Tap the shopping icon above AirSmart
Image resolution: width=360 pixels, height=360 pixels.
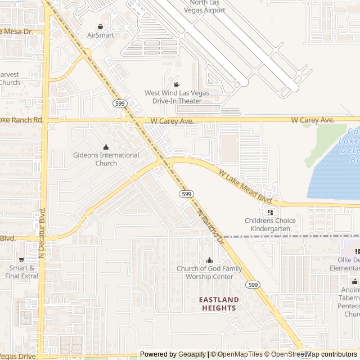pyautogui.click(x=100, y=26)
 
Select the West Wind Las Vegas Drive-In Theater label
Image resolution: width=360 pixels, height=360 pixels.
pyautogui.click(x=177, y=97)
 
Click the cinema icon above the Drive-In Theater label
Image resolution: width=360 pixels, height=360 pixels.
pyautogui.click(x=177, y=84)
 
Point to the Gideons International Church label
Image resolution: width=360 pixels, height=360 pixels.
pyautogui.click(x=106, y=159)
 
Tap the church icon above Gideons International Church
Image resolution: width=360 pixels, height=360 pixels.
pyautogui.click(x=106, y=147)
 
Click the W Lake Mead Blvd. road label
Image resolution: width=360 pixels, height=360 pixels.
pyautogui.click(x=245, y=187)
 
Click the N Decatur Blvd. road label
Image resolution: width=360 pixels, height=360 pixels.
pyautogui.click(x=42, y=233)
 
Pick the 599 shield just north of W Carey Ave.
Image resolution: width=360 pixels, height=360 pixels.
pyautogui.click(x=119, y=103)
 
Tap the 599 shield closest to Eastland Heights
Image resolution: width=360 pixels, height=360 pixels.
pyautogui.click(x=253, y=285)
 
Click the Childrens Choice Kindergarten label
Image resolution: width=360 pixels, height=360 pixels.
pyautogui.click(x=270, y=224)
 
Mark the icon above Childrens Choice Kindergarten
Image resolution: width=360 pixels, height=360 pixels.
pyautogui.click(x=270, y=212)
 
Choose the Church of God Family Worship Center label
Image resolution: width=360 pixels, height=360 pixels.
pyautogui.click(x=209, y=272)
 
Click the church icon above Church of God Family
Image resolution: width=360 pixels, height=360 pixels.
pyautogui.click(x=209, y=260)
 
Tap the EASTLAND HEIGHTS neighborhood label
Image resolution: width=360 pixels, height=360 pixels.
pyautogui.click(x=218, y=304)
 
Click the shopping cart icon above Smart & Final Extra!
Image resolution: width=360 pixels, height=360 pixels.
pyautogui.click(x=21, y=260)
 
